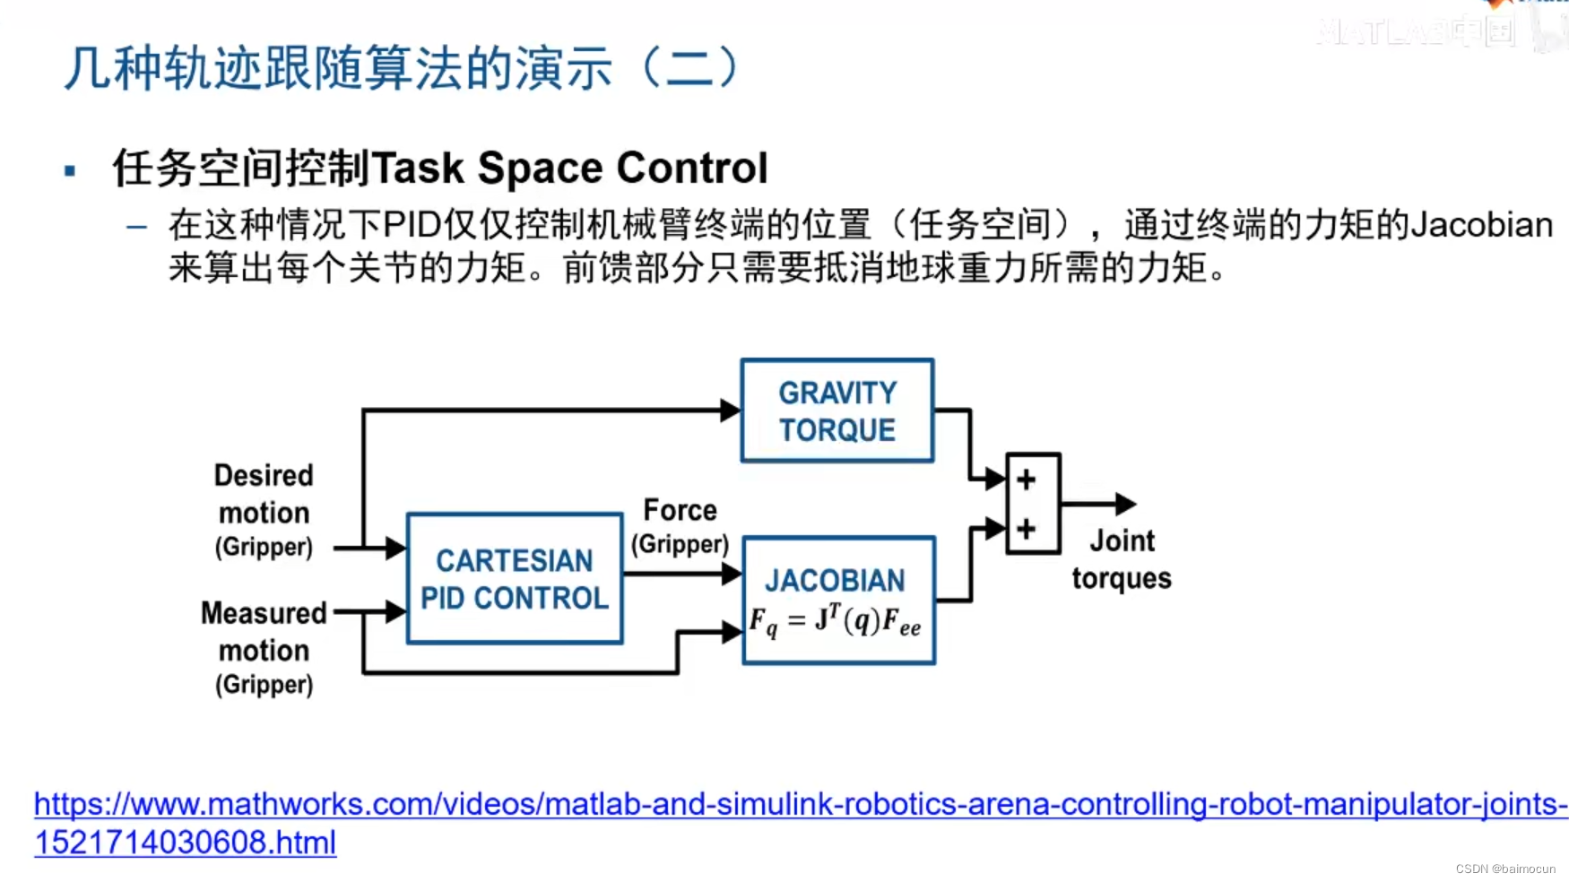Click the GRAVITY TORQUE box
click(x=837, y=411)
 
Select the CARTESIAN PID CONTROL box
click(x=515, y=578)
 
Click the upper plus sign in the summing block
click(x=1027, y=480)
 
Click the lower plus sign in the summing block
click(x=1027, y=529)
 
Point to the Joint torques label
click(x=1122, y=559)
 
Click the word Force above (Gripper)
click(x=680, y=510)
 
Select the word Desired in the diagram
click(x=264, y=475)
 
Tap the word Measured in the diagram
click(x=264, y=613)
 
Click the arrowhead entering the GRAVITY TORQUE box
click(x=731, y=411)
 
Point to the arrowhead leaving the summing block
click(x=1125, y=504)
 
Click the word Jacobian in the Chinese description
click(x=1481, y=225)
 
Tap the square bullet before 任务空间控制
click(x=70, y=170)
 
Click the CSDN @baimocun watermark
click(x=1505, y=869)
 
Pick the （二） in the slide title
click(x=690, y=68)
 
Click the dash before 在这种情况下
click(x=136, y=228)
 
